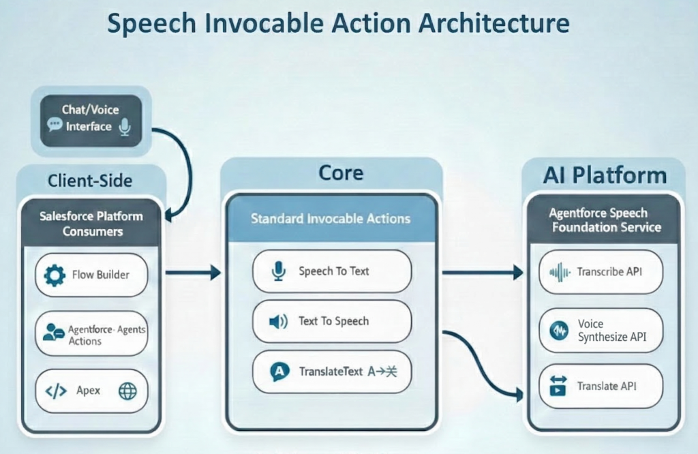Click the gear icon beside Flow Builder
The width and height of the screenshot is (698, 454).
coord(55,275)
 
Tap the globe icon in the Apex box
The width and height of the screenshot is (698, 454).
coord(127,391)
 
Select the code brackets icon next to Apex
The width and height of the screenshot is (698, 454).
coord(56,391)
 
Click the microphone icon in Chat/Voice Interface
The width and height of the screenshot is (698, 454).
coord(124,126)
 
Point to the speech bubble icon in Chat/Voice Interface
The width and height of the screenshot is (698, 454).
coord(55,125)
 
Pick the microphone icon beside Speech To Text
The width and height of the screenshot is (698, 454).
coord(278,271)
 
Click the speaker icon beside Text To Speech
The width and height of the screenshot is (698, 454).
coord(278,321)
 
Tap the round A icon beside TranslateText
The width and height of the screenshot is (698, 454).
coord(278,372)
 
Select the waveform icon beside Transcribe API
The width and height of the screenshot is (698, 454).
coord(560,272)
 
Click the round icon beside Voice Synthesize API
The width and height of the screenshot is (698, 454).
coord(559,331)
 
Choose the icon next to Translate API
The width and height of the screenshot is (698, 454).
coord(559,387)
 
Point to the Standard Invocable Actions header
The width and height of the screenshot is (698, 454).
coord(331,219)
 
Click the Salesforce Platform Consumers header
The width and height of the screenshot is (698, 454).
coord(91,224)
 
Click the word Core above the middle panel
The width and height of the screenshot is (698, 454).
coord(341,172)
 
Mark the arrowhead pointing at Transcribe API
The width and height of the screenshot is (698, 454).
coord(519,273)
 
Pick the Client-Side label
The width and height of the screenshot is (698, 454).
coord(90,181)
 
